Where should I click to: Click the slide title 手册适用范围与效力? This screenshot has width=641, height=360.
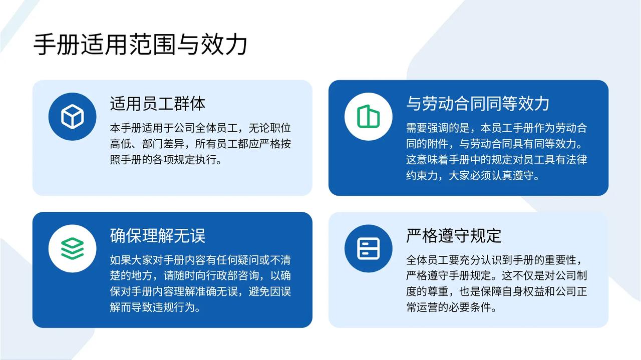140,45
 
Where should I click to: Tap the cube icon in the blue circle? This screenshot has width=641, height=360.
73,117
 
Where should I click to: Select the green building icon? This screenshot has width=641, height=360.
368,116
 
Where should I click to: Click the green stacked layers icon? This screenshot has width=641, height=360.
73,248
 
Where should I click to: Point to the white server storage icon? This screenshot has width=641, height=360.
368,248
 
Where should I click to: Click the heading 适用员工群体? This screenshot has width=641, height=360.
158,104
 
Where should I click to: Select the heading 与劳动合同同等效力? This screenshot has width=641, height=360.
478,104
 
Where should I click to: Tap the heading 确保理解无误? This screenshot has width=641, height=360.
158,236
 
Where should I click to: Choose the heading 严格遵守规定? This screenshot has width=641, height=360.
454,236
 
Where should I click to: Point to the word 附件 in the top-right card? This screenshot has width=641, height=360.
438,144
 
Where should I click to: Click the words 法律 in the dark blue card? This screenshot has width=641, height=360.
576,160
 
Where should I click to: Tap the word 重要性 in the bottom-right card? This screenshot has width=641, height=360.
560,260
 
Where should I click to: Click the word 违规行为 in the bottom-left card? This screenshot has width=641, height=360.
174,307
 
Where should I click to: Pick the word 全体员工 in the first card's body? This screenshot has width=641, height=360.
216,128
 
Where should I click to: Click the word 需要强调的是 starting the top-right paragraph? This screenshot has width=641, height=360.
438,128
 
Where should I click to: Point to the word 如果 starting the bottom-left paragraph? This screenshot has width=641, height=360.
121,260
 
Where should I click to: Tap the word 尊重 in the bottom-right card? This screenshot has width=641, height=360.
438,291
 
